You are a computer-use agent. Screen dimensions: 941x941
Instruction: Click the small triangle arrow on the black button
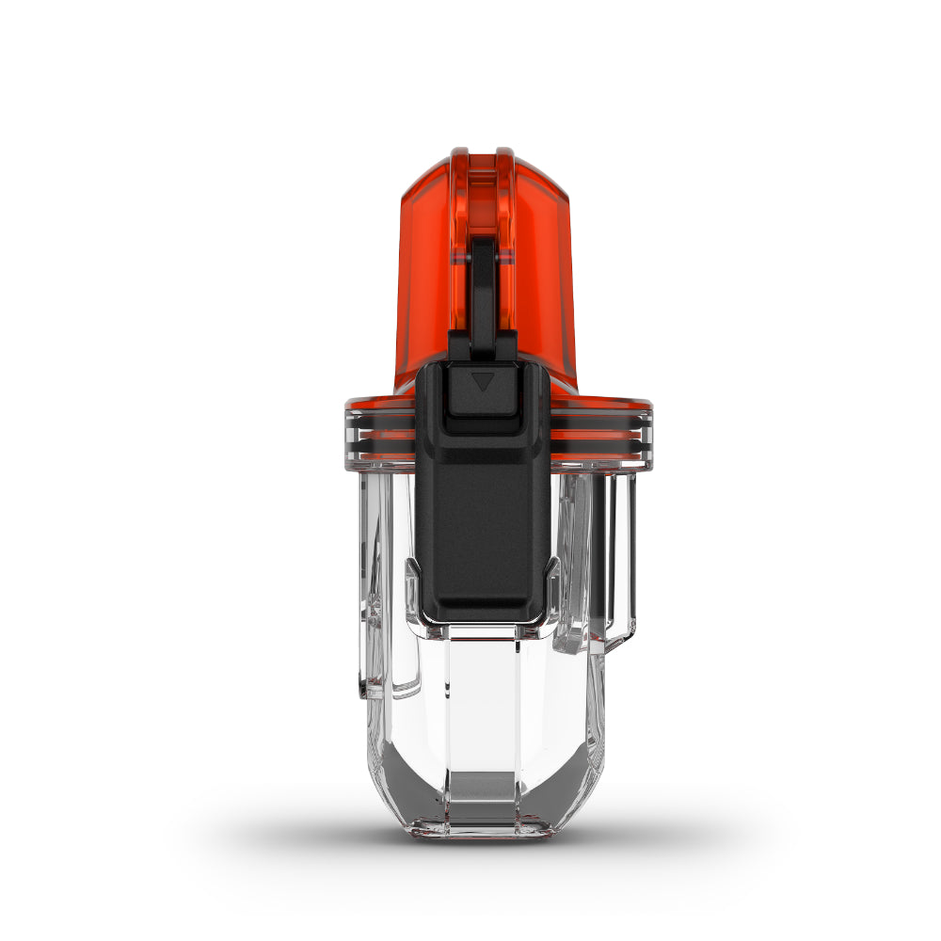(x=483, y=382)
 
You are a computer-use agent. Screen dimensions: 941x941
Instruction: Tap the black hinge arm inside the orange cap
(x=482, y=282)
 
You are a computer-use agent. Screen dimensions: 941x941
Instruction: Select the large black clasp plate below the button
(x=483, y=527)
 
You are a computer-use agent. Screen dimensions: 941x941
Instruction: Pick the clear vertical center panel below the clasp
(x=483, y=696)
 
